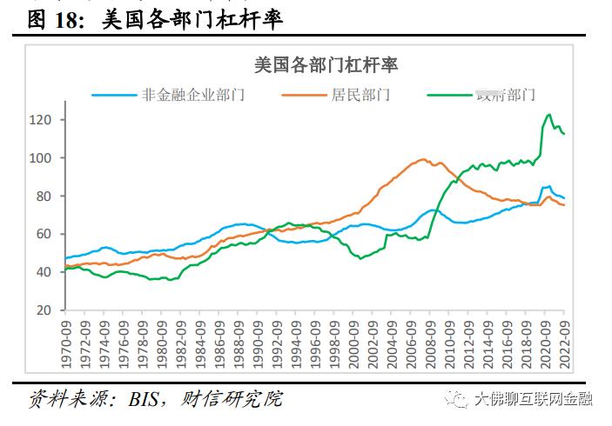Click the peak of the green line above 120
coord(548,114)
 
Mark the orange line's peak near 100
coord(423,159)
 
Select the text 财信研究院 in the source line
coord(233,399)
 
